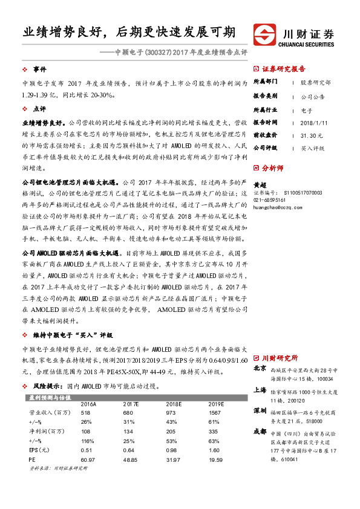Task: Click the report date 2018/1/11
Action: [313, 123]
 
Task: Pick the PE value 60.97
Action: [88, 460]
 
